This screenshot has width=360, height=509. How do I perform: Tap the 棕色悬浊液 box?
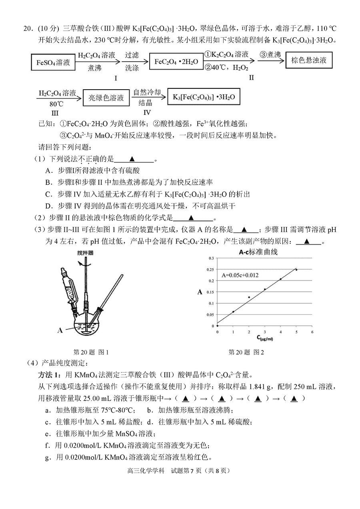click(309, 60)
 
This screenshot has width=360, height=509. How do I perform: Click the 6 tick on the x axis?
click(312, 332)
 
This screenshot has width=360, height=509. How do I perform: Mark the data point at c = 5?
click(296, 270)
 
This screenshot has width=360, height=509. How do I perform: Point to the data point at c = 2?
click(249, 297)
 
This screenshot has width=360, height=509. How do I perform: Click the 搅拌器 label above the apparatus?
click(86, 253)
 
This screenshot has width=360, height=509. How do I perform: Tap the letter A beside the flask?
click(60, 330)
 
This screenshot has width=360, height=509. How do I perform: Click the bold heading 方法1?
click(50, 375)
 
